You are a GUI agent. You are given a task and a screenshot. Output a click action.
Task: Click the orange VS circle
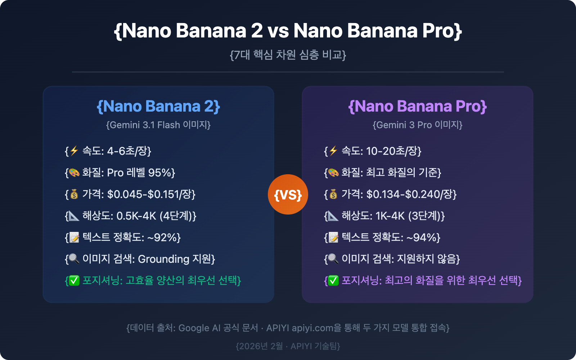(x=288, y=194)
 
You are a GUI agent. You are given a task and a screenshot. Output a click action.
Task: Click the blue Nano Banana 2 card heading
(x=158, y=106)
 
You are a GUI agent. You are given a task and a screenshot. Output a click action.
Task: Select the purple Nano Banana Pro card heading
(x=418, y=106)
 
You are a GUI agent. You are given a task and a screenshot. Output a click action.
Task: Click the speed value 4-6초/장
(x=127, y=151)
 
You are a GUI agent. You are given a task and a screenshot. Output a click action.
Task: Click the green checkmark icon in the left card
(x=74, y=281)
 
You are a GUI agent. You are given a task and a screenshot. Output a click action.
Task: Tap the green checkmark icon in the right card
(x=333, y=281)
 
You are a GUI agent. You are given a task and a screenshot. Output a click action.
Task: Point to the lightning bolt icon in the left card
(x=74, y=151)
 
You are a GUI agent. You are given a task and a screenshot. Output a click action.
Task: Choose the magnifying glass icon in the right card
(x=333, y=259)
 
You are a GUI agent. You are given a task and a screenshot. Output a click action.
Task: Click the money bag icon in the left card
(x=74, y=194)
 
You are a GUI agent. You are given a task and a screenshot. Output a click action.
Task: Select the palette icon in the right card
(x=333, y=173)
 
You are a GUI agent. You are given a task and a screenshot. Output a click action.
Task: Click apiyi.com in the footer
(x=312, y=328)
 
